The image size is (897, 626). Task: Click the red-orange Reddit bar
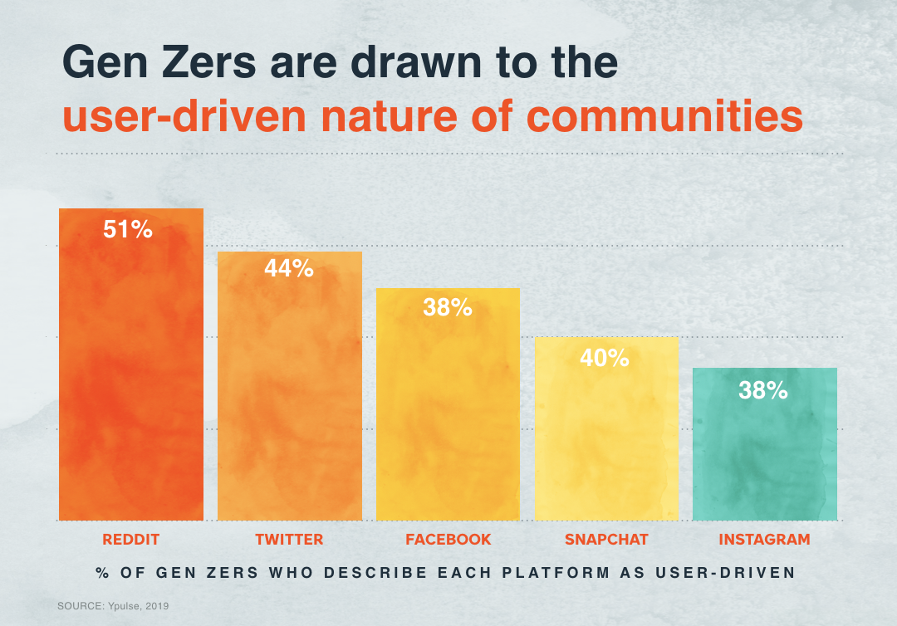pos(130,374)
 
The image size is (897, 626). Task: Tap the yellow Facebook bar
pos(448,415)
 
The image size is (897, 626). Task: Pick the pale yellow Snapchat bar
pos(606,440)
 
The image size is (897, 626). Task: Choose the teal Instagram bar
pos(764,457)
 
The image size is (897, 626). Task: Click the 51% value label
pos(128,230)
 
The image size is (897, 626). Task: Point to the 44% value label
pos(289,268)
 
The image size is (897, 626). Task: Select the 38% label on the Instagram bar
pos(763,389)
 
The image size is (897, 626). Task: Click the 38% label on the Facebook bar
pos(447,307)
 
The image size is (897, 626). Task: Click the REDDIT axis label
pos(130,540)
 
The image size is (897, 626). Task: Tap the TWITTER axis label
pos(289,540)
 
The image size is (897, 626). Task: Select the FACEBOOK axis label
pos(448,540)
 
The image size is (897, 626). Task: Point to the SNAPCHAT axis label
pos(606,540)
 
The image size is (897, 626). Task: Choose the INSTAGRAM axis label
pos(764,540)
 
